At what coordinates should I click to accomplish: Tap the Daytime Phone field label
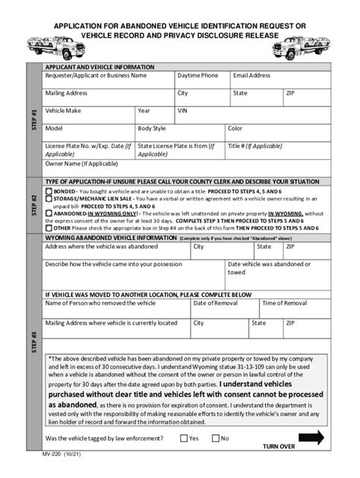197,76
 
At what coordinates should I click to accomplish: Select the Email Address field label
251,76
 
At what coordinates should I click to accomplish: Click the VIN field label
182,111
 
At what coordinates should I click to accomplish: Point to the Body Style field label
151,128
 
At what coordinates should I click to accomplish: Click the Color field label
235,128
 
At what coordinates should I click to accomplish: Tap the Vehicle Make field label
63,111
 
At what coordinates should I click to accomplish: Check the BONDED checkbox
49,193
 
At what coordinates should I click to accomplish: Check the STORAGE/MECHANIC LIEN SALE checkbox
49,200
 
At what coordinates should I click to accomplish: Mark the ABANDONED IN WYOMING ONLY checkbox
49,214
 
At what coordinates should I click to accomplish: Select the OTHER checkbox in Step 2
49,228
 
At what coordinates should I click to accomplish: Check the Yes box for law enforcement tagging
184,438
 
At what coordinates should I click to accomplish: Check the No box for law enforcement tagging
215,438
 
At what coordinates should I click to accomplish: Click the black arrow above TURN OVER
311,437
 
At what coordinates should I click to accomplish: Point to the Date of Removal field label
216,303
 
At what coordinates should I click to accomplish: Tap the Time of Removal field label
284,303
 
